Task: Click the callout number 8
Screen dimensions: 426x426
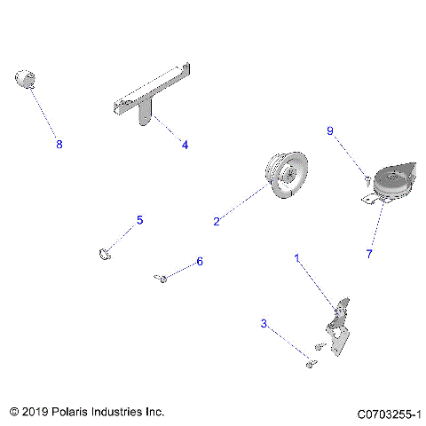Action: (59, 143)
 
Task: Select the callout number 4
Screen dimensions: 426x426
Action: (185, 144)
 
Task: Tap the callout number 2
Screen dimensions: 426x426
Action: (216, 222)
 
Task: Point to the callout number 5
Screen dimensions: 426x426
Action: (138, 219)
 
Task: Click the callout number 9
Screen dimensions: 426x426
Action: (330, 130)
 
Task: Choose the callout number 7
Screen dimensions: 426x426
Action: (369, 253)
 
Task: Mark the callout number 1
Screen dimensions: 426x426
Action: (297, 257)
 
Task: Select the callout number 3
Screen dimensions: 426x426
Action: (263, 325)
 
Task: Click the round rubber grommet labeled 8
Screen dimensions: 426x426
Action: (27, 80)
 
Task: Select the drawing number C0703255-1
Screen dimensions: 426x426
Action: (389, 414)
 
